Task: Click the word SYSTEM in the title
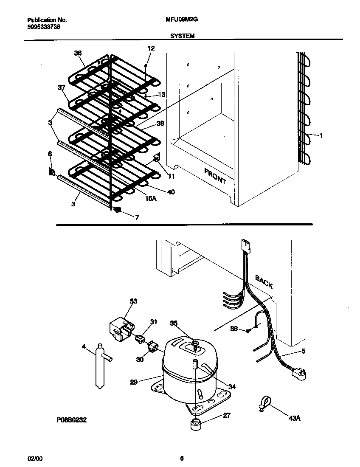pyautogui.click(x=182, y=37)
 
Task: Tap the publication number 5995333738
pyautogui.click(x=42, y=26)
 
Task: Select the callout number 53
pyautogui.click(x=133, y=301)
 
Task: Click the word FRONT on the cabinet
pyautogui.click(x=215, y=176)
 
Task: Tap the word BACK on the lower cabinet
pyautogui.click(x=264, y=281)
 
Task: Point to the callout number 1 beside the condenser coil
pyautogui.click(x=321, y=136)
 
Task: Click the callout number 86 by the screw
pyautogui.click(x=234, y=329)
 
